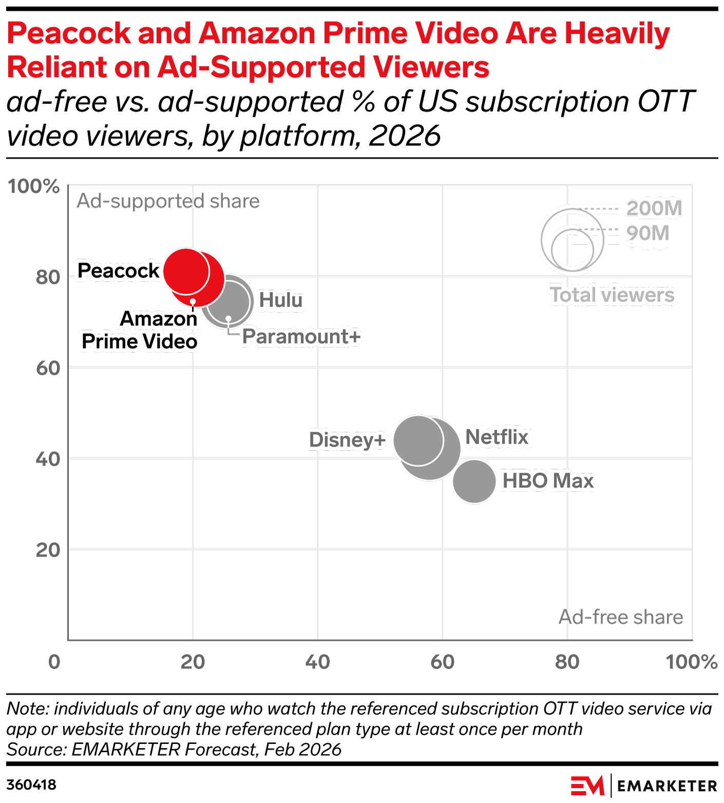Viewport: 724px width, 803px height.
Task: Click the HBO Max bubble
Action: coord(474,482)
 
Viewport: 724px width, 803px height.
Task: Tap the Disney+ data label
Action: coord(347,440)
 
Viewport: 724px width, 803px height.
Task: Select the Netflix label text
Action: coord(497,437)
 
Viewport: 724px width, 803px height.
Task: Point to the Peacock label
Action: coord(118,271)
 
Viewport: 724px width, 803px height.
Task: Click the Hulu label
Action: coord(280,300)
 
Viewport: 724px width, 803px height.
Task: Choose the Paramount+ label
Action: coord(301,337)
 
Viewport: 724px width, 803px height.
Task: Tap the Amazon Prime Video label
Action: coord(140,330)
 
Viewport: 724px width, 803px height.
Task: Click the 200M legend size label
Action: coord(654,208)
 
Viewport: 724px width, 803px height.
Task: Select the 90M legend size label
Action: coord(647,233)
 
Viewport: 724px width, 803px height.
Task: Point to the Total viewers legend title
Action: coord(612,295)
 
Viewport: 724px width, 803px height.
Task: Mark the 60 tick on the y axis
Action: coord(48,368)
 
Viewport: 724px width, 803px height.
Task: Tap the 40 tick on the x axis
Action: coord(317,662)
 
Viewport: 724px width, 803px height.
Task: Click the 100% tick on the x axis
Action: coord(691,662)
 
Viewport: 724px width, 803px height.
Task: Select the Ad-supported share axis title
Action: coord(168,201)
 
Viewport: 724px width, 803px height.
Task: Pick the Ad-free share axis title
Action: coord(620,617)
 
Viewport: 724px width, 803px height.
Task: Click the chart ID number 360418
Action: coord(31,785)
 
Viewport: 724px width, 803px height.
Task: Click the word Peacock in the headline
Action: coord(69,33)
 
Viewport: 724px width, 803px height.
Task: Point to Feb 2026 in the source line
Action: coord(302,750)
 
